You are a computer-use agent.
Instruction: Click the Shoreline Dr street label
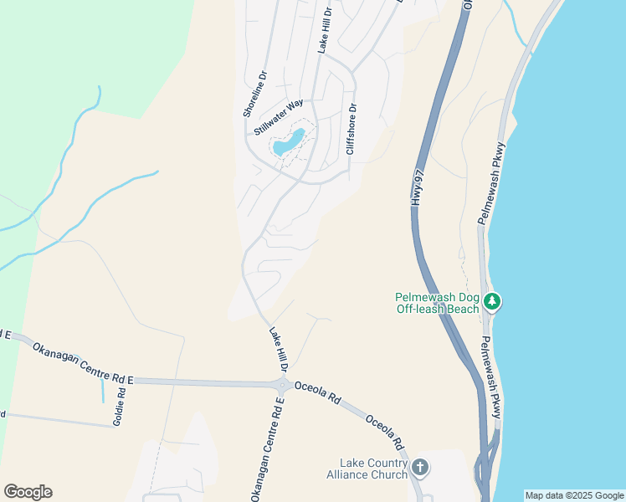coord(254,93)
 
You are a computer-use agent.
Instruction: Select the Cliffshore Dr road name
coord(352,131)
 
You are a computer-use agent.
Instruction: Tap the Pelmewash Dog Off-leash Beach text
coord(437,303)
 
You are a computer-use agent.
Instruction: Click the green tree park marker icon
coord(494,301)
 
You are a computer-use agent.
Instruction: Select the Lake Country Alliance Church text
coord(373,469)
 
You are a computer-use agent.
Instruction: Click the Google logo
coord(28,492)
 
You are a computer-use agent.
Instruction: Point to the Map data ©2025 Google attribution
coord(574,495)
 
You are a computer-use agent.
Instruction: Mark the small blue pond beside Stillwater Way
coord(288,142)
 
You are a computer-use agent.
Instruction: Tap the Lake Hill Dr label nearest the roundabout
coord(279,350)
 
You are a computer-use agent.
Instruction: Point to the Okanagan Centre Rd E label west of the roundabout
coord(83,363)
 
